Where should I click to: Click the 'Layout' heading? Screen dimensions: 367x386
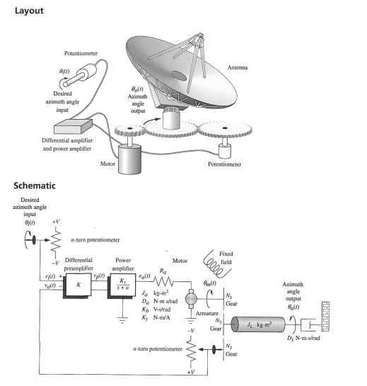point(29,11)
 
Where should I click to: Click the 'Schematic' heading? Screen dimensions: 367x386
point(35,186)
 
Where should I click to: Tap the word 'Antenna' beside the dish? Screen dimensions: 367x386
point(238,67)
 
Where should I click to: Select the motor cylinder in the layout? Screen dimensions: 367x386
point(130,159)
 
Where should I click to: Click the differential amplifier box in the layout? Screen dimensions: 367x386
point(74,126)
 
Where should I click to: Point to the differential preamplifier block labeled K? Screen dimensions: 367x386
point(78,285)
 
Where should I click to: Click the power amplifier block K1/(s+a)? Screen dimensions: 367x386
point(122,285)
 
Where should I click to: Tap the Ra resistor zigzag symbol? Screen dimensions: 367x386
point(163,281)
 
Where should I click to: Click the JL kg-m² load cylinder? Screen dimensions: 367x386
point(258,324)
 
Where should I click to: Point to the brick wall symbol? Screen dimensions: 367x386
point(325,317)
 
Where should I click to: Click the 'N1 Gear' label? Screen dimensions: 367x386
point(231,300)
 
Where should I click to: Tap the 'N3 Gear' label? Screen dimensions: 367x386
point(231,350)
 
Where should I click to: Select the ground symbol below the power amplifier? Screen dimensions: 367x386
point(122,320)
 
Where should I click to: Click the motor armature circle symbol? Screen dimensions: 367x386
point(191,299)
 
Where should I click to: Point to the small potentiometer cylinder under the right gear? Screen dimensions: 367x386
point(225,151)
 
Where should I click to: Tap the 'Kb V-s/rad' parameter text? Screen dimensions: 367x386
point(156,310)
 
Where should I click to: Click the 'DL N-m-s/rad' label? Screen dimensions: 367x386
point(303,338)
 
